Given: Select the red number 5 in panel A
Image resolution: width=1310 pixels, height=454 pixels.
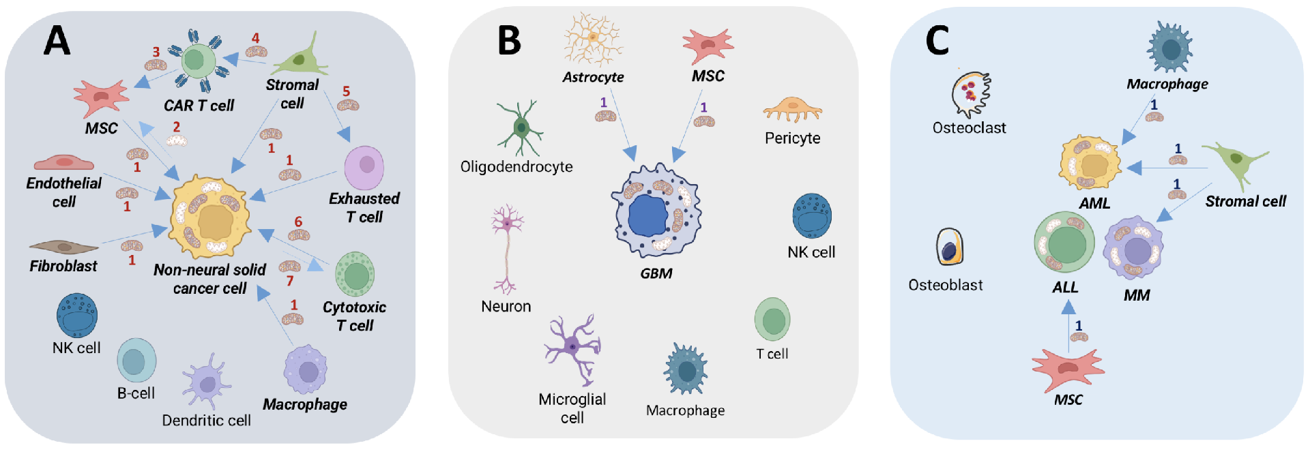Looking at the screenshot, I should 346,91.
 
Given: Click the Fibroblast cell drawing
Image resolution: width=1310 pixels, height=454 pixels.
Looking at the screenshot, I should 63,247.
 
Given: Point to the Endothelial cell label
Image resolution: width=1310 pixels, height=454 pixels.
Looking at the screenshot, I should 63,192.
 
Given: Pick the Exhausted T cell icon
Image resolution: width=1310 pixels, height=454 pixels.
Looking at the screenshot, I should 364,168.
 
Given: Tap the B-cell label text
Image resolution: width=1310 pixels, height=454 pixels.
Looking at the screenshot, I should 136,393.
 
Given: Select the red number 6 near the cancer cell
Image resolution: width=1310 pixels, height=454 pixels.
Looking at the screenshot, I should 298,222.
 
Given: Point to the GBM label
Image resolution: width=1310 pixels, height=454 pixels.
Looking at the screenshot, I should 656,273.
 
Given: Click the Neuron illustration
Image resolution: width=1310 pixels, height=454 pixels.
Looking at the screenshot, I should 507,249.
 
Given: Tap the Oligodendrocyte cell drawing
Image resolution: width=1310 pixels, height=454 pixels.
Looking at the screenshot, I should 521,127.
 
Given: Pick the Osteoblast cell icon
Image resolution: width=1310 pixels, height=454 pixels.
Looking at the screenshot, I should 949,247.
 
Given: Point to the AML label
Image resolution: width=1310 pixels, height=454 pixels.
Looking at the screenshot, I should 1094,203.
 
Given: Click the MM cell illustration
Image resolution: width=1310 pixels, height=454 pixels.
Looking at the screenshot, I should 1134,248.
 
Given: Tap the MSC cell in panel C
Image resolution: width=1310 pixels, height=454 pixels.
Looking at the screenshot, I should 1068,369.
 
